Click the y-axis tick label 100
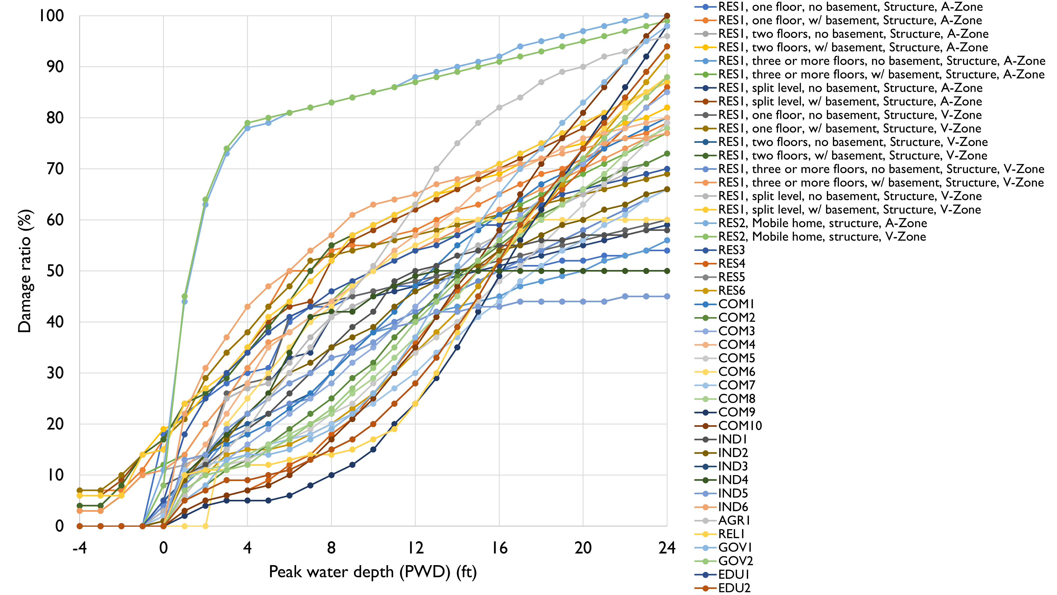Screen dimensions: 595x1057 tap(51, 16)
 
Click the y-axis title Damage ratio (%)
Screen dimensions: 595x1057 tap(25, 271)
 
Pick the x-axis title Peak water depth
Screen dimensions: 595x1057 tap(373, 572)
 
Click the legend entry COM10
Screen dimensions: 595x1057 tap(740, 426)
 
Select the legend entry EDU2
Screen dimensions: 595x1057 tap(734, 588)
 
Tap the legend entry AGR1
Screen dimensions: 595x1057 tap(734, 521)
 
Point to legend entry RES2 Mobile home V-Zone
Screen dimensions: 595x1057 tap(822, 237)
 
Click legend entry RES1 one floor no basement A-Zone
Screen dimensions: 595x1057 tap(850, 7)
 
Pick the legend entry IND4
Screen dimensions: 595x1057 tap(733, 480)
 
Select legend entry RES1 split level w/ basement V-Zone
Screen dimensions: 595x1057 tap(849, 210)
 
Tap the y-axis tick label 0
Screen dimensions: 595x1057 tap(59, 526)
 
